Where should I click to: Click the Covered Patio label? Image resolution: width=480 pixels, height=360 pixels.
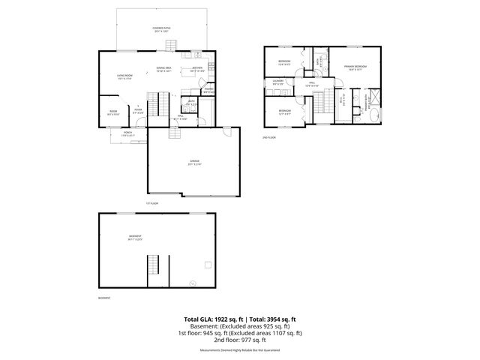point(162,31)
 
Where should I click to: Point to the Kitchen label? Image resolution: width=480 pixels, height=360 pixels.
point(197,69)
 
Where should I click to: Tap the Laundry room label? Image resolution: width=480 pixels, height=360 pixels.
point(277,83)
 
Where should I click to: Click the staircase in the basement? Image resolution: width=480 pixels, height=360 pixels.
point(153,265)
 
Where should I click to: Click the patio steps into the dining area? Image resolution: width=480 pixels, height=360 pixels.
point(175,51)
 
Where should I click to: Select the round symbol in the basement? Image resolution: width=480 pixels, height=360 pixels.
point(193,282)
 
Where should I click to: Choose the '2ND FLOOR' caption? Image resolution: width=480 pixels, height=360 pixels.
point(268,138)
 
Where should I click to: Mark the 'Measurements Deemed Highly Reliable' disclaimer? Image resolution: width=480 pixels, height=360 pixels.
point(239,349)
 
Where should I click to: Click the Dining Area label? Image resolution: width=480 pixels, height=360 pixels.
point(164,69)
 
